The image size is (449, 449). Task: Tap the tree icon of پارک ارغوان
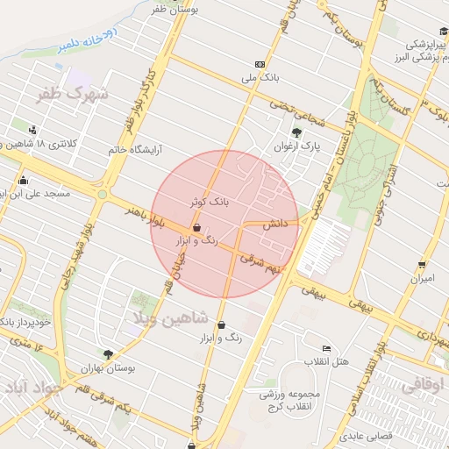point(297,133)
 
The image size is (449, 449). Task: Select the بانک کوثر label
point(210,201)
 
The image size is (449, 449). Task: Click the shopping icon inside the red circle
point(196,228)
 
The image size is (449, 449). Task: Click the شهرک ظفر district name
point(74,93)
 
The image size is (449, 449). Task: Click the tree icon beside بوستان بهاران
point(108,355)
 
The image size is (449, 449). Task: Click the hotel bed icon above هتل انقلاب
point(326,348)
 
